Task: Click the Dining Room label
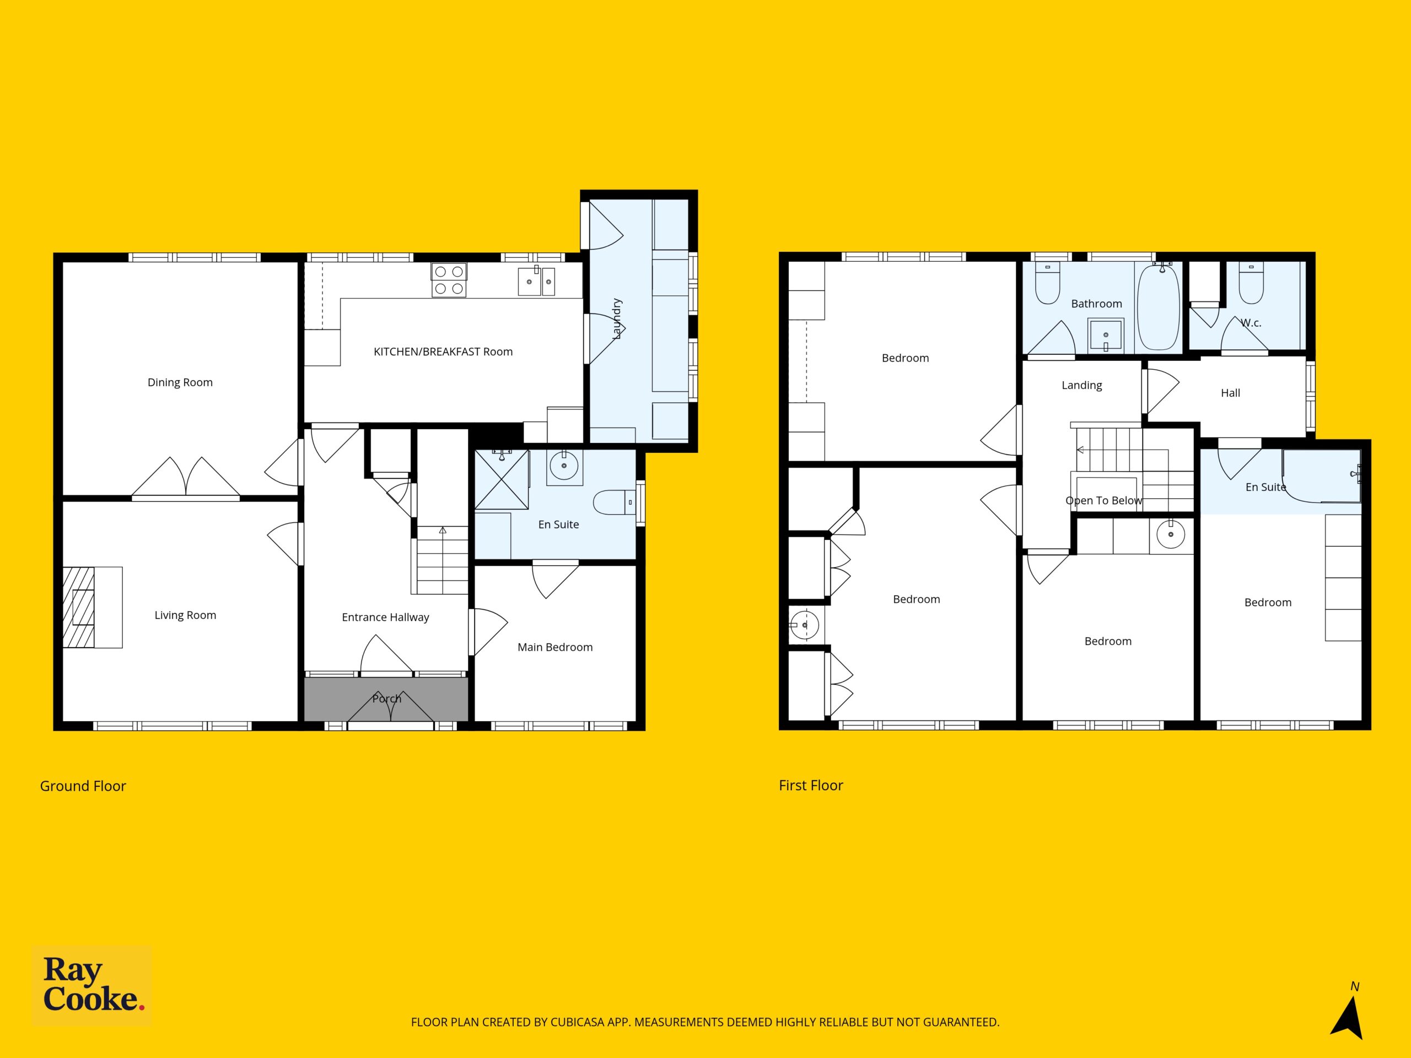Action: point(180,382)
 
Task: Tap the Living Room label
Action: point(185,616)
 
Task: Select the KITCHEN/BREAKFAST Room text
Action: point(443,352)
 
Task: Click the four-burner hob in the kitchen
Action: point(449,280)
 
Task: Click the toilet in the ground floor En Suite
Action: point(613,503)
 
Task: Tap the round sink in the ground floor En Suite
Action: point(564,466)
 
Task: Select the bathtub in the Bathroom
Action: point(1159,306)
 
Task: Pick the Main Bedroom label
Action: point(555,647)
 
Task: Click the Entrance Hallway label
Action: point(385,617)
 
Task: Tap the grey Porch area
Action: point(386,699)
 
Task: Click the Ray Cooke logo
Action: point(92,985)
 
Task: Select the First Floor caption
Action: point(811,786)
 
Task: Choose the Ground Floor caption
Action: point(83,786)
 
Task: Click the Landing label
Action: point(1082,385)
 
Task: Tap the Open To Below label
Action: point(1103,500)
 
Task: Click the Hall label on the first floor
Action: point(1230,393)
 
